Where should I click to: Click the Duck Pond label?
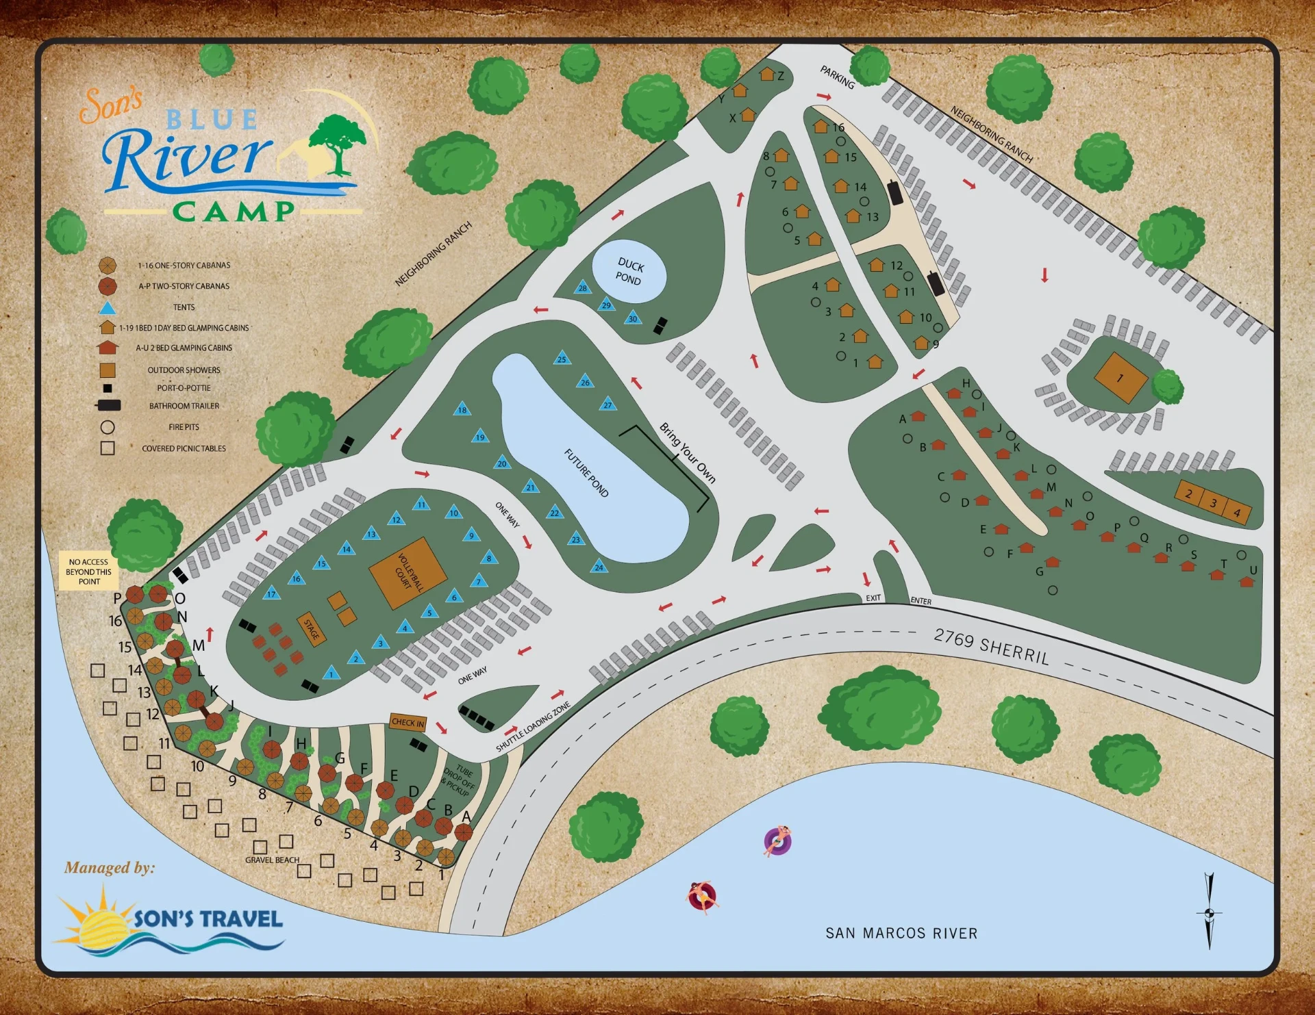[629, 272]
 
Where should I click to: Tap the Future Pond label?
[586, 472]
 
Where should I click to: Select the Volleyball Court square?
[408, 573]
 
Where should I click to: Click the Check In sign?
[408, 722]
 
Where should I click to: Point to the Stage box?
[312, 629]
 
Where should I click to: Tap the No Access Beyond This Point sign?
[89, 571]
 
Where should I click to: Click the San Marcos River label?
[901, 933]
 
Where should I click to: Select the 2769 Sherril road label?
[991, 647]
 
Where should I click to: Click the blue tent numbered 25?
[562, 358]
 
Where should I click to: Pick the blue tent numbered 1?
[331, 673]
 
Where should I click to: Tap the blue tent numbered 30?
[633, 318]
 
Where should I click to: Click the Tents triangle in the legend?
[108, 307]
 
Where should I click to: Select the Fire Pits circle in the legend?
[108, 427]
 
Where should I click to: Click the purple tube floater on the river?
[778, 840]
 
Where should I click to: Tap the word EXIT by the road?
[873, 598]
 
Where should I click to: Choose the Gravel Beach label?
[272, 860]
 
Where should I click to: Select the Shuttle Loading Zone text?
[533, 726]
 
